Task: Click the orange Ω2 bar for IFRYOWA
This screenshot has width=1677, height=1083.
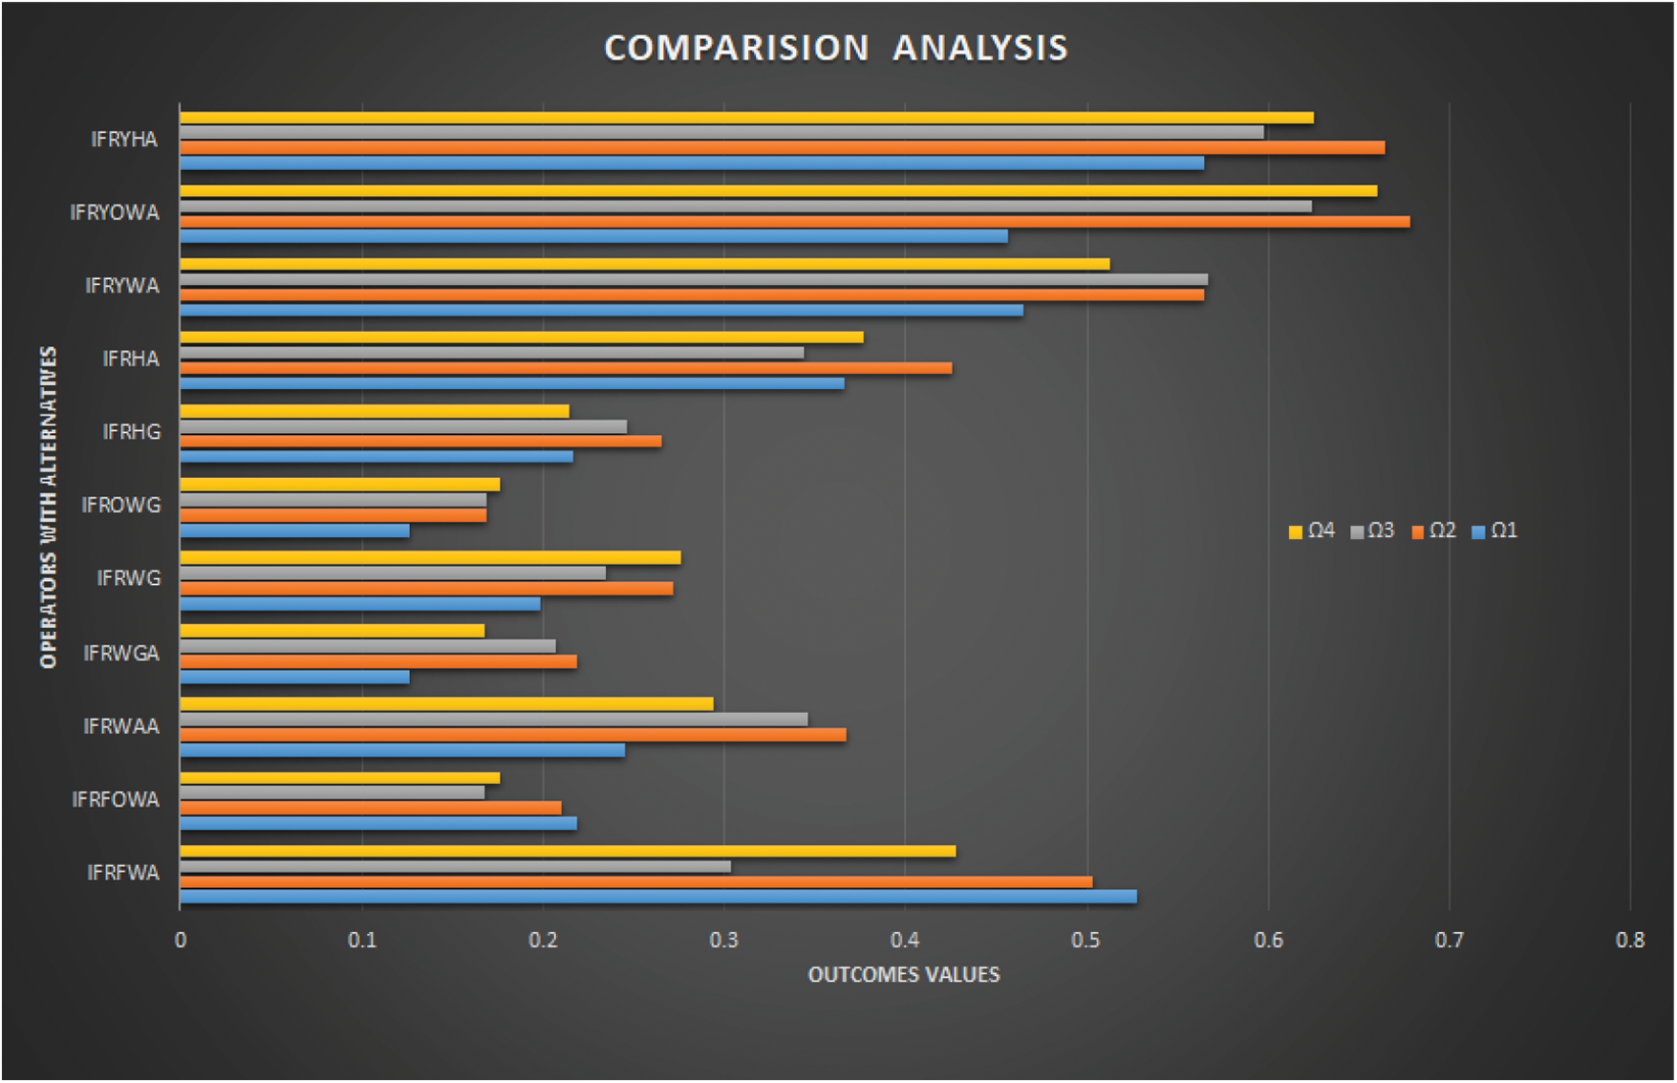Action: [x=794, y=222]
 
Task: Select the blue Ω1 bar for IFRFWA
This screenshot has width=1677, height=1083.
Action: [x=657, y=897]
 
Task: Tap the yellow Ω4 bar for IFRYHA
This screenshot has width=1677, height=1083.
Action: [x=746, y=118]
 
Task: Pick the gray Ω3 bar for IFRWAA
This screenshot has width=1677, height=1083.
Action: [x=493, y=719]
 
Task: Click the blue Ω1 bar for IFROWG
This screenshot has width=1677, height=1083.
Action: [x=294, y=531]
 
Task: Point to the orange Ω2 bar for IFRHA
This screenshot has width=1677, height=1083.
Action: [x=566, y=368]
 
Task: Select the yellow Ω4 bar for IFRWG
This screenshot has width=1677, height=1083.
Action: [x=430, y=557]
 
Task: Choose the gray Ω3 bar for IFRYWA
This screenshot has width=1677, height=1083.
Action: [x=694, y=279]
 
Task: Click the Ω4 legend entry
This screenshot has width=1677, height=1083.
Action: [x=1312, y=531]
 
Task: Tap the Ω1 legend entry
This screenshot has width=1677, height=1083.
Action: [x=1495, y=531]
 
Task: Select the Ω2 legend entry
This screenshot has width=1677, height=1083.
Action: [x=1434, y=531]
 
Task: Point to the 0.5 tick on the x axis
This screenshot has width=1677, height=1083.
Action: [x=1086, y=941]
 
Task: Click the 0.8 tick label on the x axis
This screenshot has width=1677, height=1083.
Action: [x=1630, y=941]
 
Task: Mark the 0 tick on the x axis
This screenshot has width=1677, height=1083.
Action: [x=181, y=941]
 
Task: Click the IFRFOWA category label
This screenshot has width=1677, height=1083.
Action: [x=116, y=799]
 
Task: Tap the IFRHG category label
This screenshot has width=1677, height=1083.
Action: [x=132, y=432]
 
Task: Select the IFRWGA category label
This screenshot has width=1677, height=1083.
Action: [x=121, y=653]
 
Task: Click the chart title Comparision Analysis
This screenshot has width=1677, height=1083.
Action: [x=836, y=48]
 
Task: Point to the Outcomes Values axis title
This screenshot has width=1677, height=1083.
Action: [x=904, y=975]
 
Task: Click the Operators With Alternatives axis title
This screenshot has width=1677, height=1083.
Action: [x=48, y=507]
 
